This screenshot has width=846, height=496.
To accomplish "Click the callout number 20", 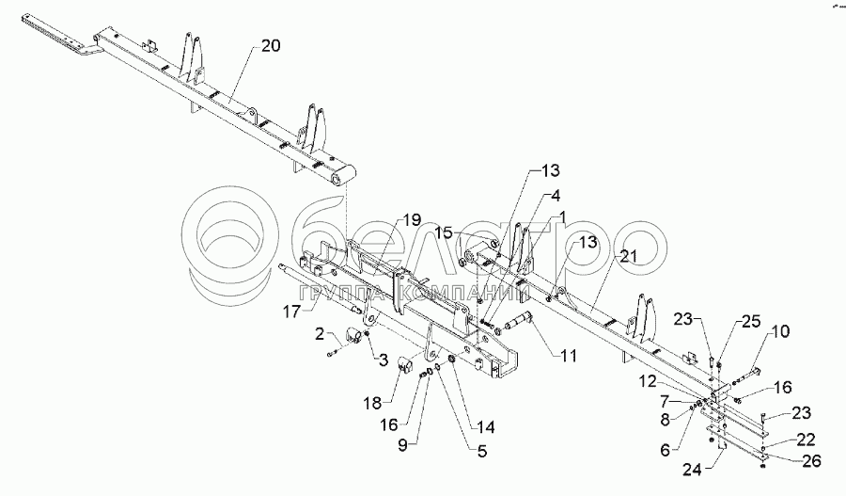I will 271,44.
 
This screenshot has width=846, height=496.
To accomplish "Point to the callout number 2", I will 321,333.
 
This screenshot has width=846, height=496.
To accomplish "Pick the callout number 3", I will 384,358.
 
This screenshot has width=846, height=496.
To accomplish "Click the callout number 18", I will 372,403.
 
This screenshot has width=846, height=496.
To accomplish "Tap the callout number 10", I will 781,331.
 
